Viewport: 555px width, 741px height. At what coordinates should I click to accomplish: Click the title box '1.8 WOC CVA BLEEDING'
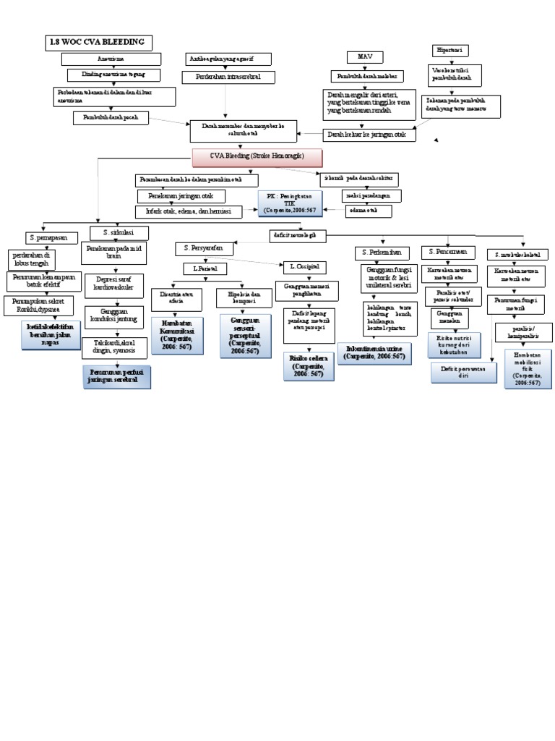98,43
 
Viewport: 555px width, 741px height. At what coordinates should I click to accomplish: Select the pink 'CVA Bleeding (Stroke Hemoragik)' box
257,157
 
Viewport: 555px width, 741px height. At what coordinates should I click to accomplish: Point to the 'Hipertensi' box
449,51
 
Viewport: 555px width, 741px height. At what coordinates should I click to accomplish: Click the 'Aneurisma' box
111,59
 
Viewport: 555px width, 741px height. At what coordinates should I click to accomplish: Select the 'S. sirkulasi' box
120,232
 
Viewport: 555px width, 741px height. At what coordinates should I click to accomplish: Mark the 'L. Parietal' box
205,268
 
